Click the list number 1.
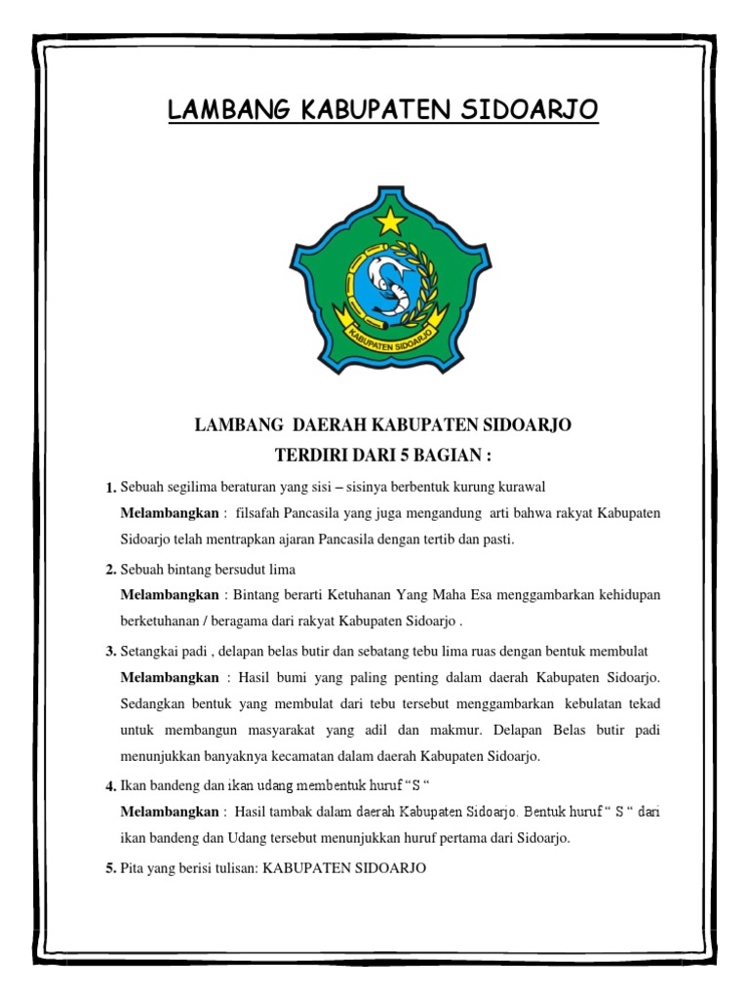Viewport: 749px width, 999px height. click(110, 488)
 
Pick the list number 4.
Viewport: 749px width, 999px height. click(110, 786)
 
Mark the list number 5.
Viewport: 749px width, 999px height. click(110, 868)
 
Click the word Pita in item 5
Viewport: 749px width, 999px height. click(133, 867)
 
